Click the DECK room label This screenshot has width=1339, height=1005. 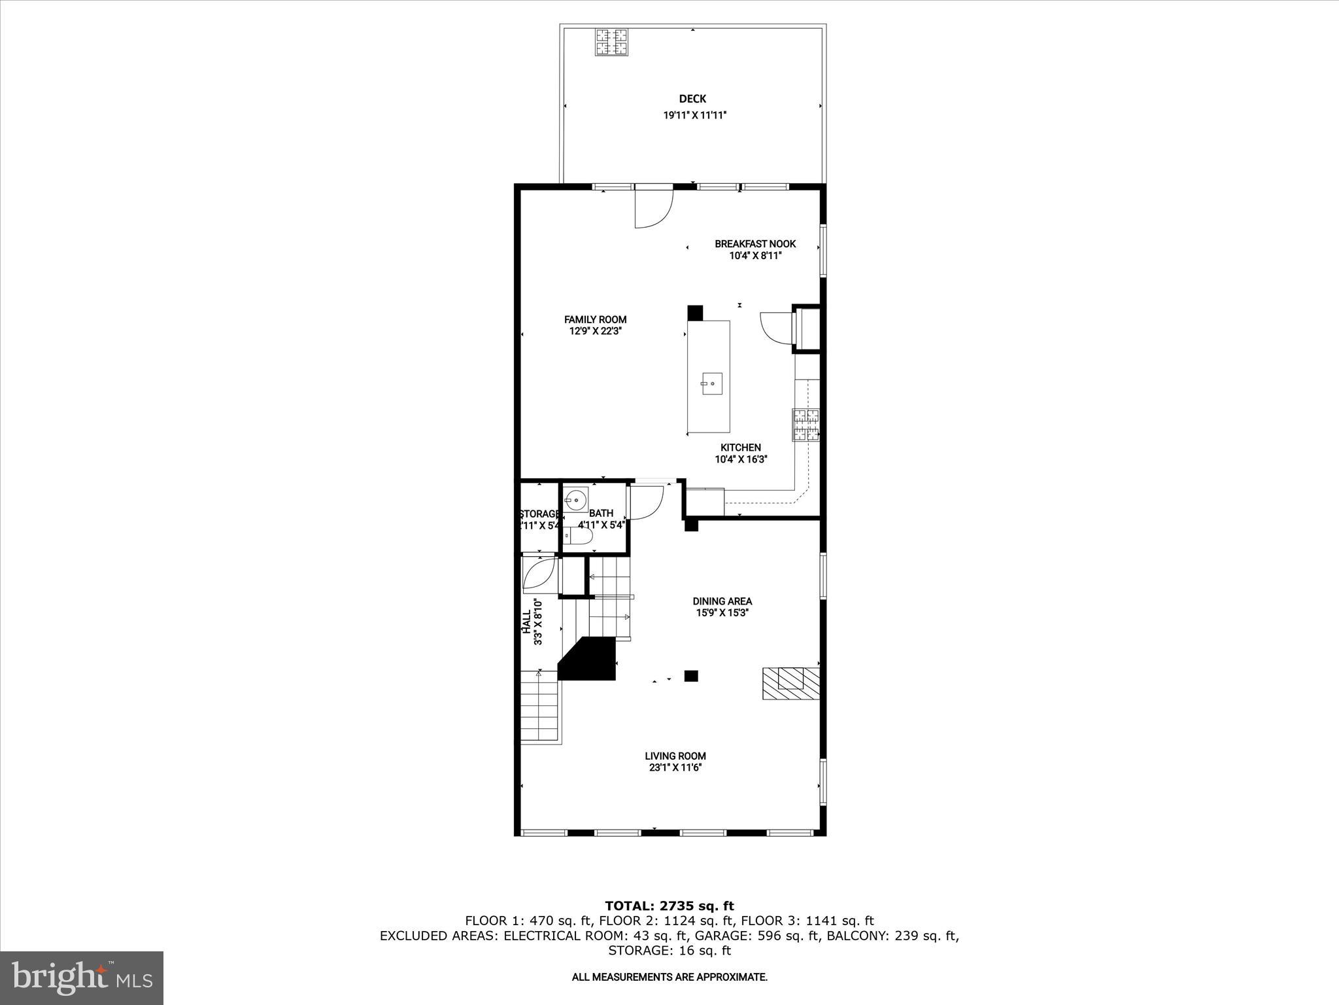coord(692,99)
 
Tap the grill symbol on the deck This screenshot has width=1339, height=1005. coord(611,43)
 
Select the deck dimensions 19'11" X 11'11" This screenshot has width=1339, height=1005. coord(695,115)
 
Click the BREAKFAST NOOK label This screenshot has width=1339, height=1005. coord(755,244)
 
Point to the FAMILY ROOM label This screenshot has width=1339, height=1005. coord(595,320)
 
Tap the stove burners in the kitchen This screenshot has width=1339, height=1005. coord(805,425)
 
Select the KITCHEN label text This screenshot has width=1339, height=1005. coord(741,448)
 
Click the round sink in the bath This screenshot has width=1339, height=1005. coord(576,501)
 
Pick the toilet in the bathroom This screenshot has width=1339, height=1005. coord(579,537)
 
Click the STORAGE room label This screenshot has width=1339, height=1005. coord(540,514)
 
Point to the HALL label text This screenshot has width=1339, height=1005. coord(526,622)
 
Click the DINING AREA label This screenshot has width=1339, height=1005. coord(722,601)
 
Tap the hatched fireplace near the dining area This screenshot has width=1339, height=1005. coord(790,683)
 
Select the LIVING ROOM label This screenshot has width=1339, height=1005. coord(675,756)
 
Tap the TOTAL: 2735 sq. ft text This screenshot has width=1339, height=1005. coord(669,906)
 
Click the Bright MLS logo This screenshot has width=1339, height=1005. coord(82,978)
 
